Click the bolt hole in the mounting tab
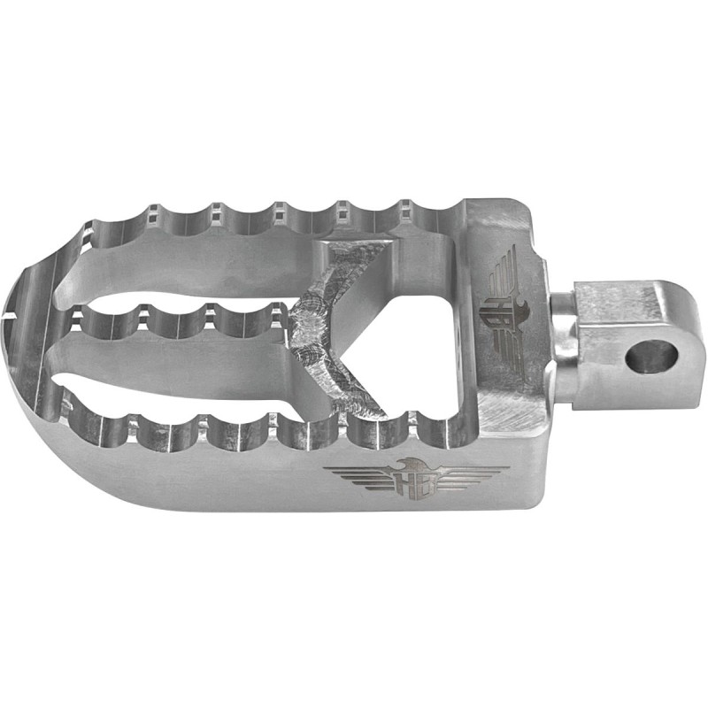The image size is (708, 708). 650,356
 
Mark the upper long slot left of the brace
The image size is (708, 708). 195,265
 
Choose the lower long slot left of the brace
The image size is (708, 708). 177,372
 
